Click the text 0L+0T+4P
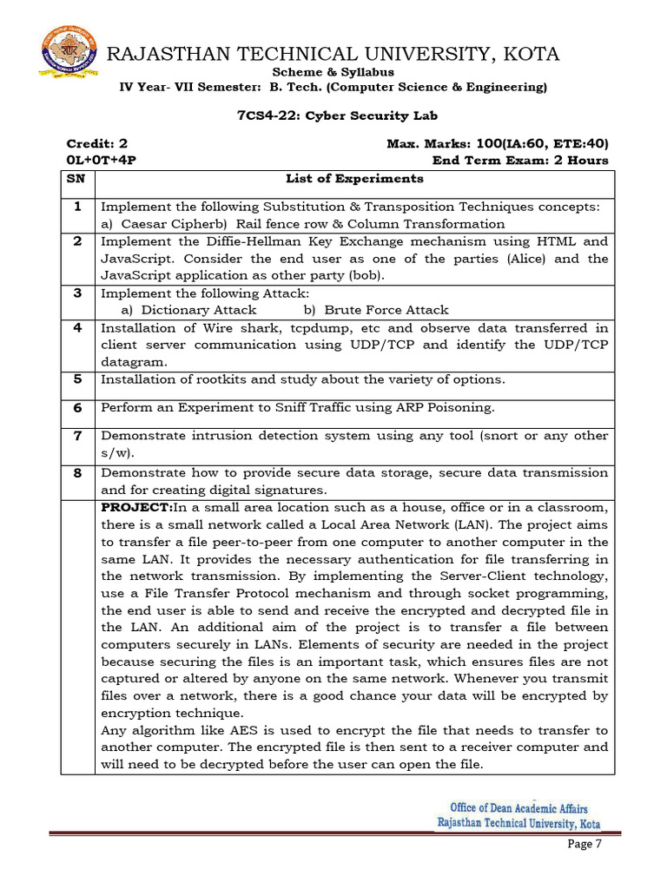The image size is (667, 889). [x=101, y=161]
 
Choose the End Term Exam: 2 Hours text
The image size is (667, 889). [x=520, y=161]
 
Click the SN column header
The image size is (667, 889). [x=76, y=179]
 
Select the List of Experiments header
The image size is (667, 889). [x=354, y=179]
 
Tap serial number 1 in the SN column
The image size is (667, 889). [x=76, y=207]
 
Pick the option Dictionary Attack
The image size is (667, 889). [x=199, y=310]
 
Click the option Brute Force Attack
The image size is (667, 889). [x=386, y=310]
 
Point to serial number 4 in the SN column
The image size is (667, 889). [x=76, y=327]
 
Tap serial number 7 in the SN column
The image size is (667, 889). [x=76, y=435]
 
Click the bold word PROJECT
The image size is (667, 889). [x=135, y=507]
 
